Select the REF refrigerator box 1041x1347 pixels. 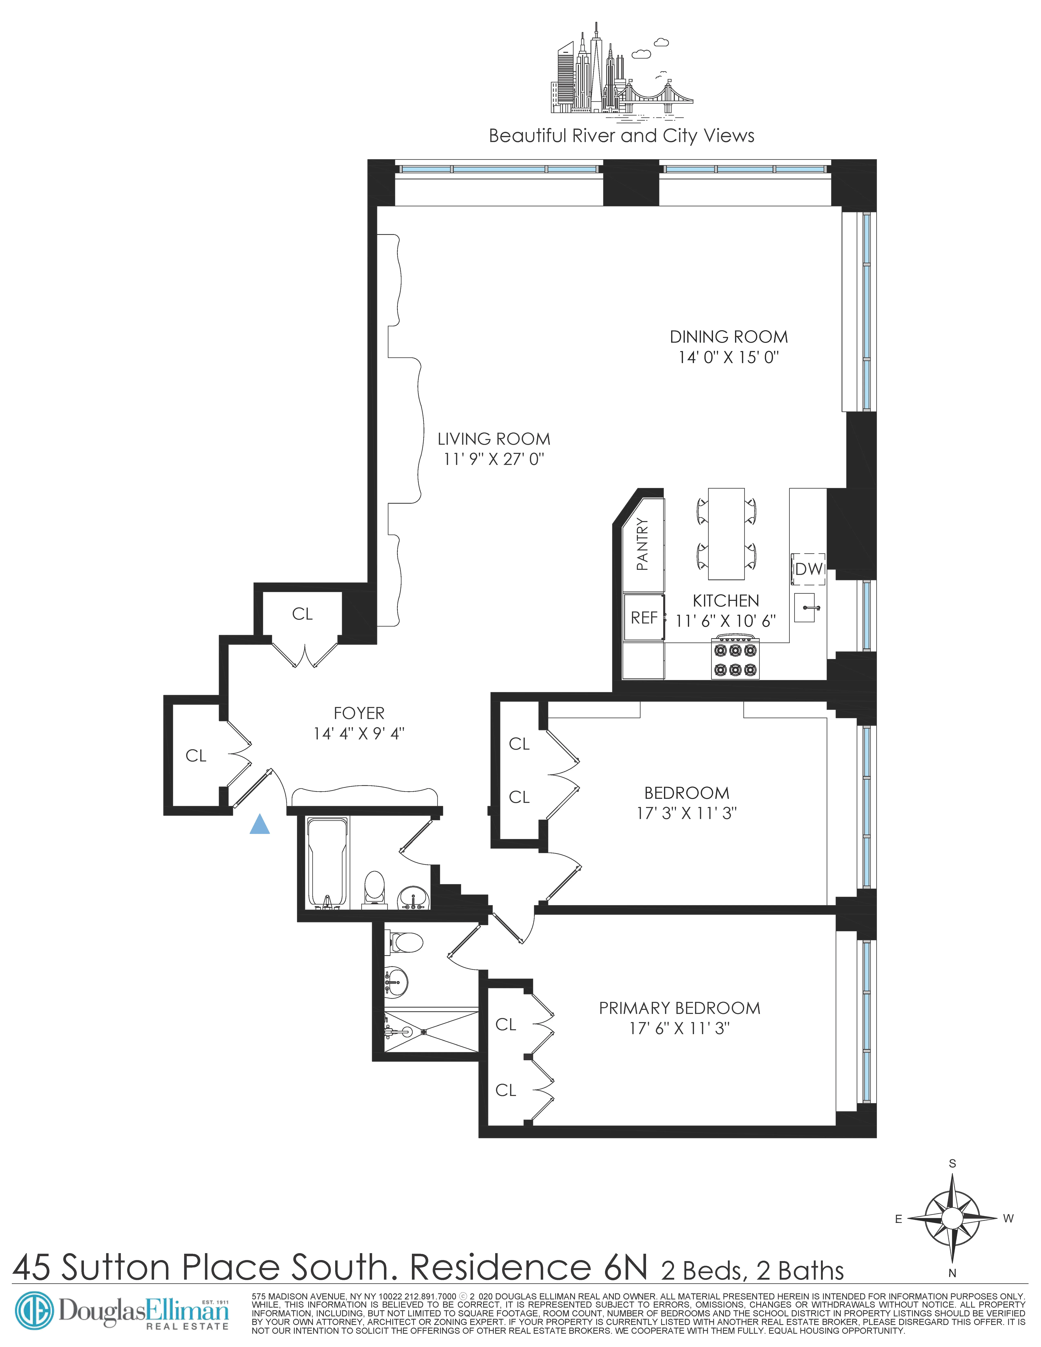(x=644, y=617)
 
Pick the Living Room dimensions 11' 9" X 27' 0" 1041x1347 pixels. (x=493, y=459)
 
